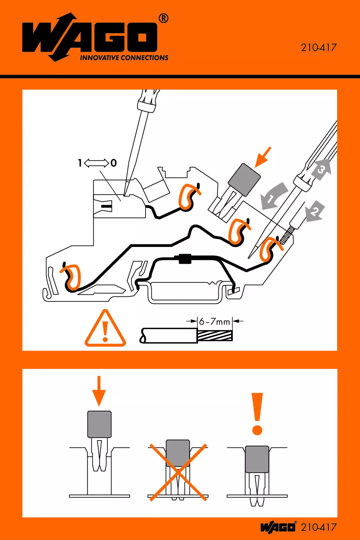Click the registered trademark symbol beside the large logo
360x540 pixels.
click(x=163, y=18)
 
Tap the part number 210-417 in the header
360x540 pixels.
click(x=318, y=48)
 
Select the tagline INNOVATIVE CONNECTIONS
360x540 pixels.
click(x=124, y=58)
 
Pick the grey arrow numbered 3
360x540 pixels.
click(x=321, y=169)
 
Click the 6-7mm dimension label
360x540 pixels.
click(x=214, y=322)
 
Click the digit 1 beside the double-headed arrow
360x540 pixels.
click(x=80, y=163)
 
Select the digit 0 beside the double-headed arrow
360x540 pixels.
click(x=114, y=163)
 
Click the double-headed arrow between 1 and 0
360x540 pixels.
click(x=96, y=163)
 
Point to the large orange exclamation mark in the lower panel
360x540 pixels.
click(x=258, y=413)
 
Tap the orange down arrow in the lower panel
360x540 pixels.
click(x=99, y=391)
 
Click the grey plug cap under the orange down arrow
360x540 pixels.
click(x=99, y=424)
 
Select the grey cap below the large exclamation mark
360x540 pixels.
click(x=257, y=459)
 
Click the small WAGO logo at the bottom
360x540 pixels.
click(x=278, y=527)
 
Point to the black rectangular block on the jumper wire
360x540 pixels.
click(x=185, y=259)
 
